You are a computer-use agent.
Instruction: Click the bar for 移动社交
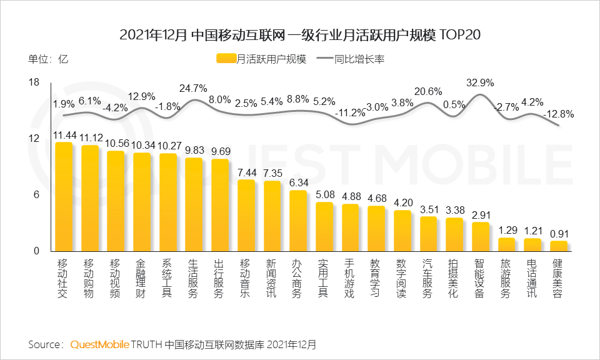click(63, 197)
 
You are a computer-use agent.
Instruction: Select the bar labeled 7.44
click(246, 216)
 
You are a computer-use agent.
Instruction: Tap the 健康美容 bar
click(559, 246)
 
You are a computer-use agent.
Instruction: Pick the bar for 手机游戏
click(351, 227)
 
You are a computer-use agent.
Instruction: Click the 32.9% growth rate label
click(480, 82)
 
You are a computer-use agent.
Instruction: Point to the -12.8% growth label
click(559, 114)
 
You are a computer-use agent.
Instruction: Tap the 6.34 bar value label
click(298, 182)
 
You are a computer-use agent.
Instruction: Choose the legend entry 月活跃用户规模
click(262, 59)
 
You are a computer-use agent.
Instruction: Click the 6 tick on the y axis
click(37, 195)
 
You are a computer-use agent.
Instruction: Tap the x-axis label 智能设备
click(479, 278)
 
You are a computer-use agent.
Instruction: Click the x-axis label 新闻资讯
click(271, 278)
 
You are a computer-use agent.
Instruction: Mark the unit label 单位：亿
click(47, 60)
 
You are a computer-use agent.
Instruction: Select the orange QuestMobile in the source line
click(100, 344)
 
